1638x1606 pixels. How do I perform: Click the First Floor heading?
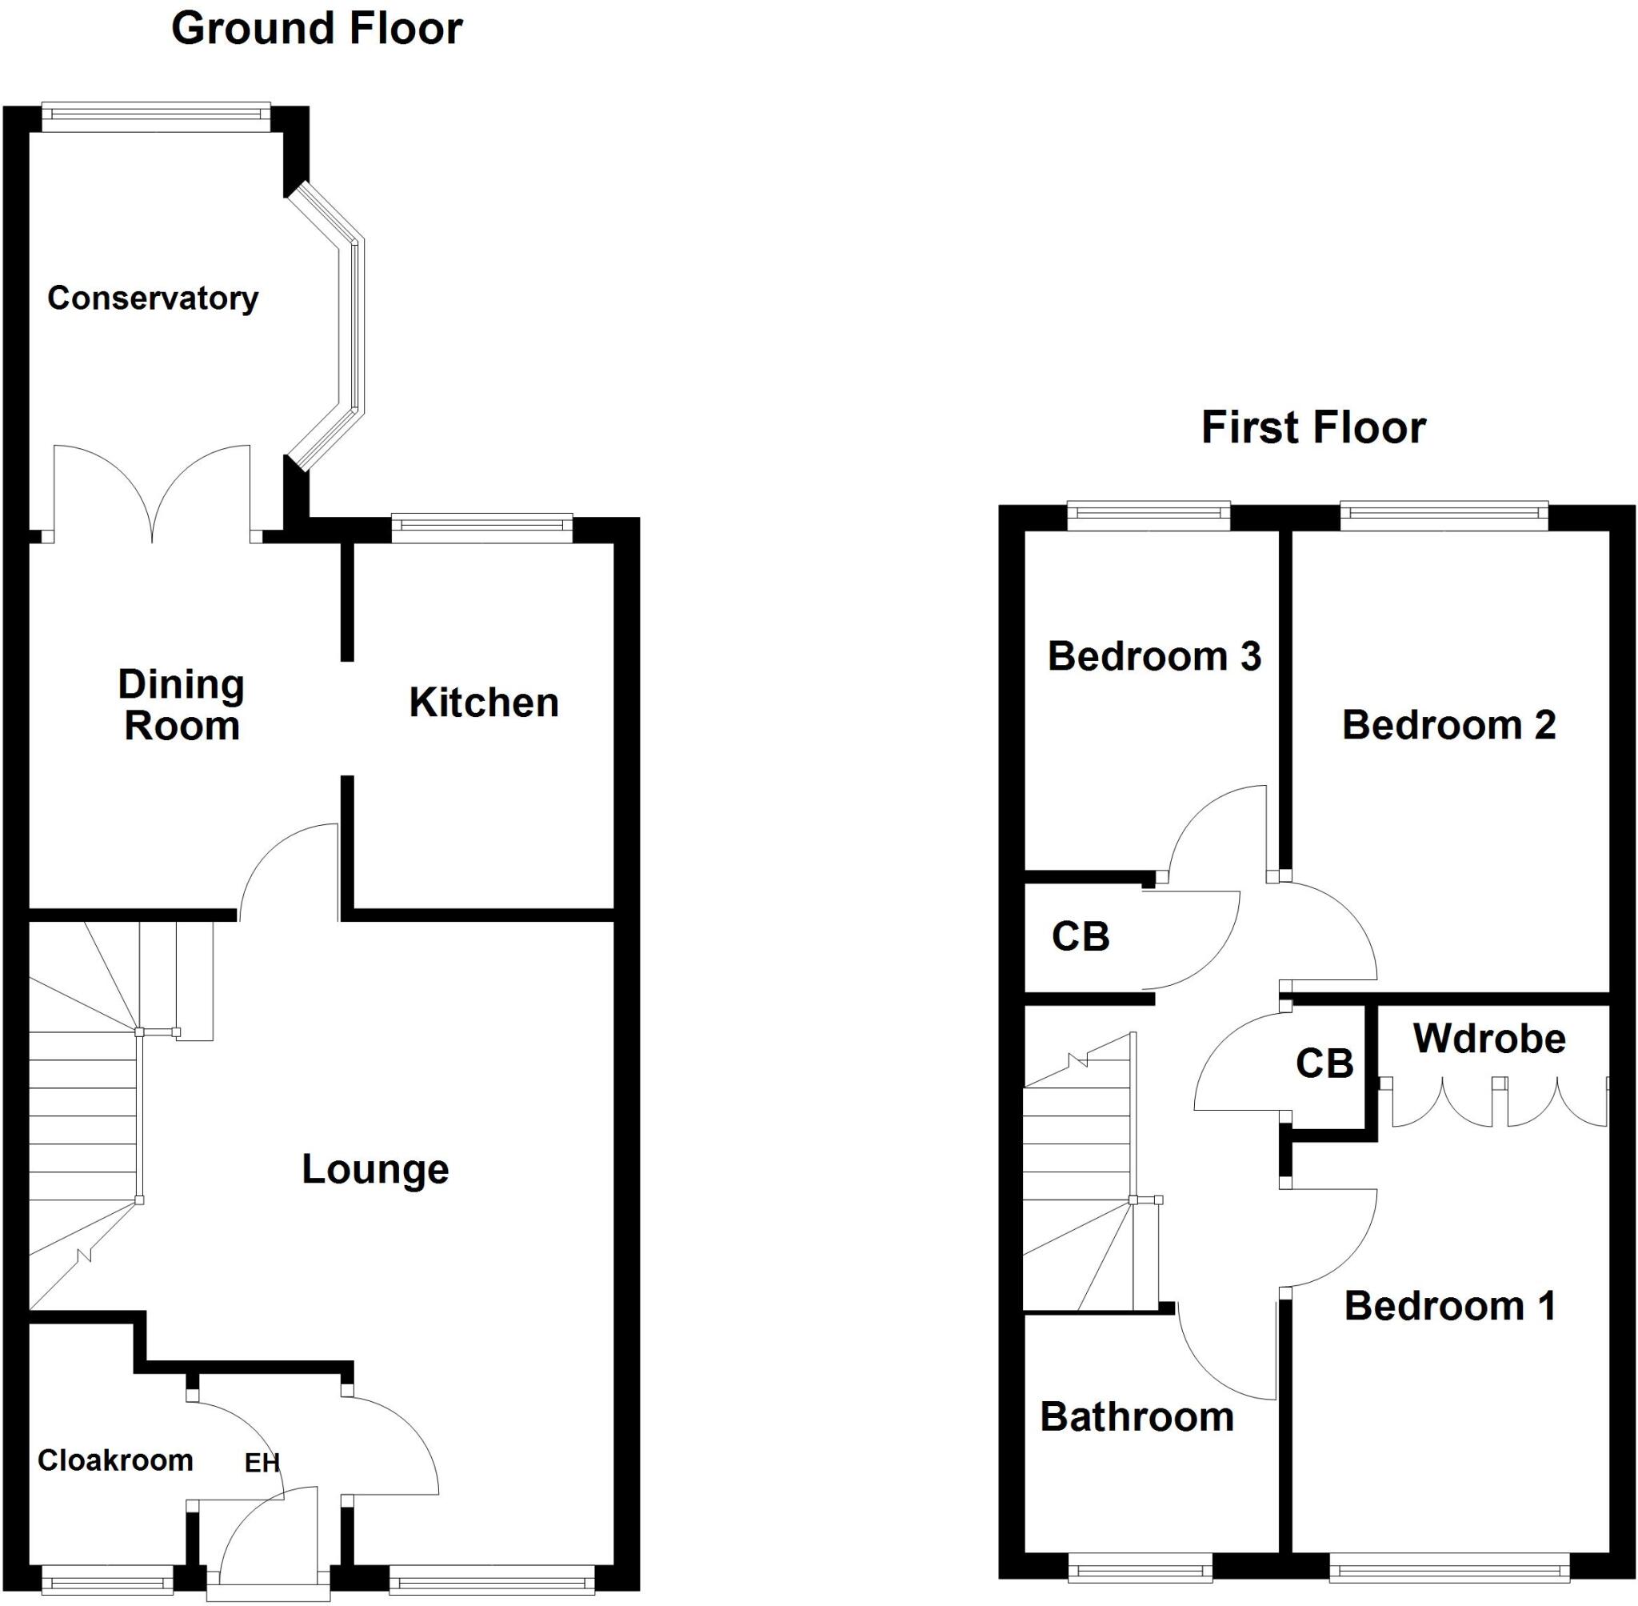1312,427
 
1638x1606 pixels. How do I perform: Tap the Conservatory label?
153,298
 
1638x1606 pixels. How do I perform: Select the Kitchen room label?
484,703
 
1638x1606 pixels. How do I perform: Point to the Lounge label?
375,1169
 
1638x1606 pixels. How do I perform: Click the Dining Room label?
182,705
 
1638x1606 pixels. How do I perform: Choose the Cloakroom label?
115,1460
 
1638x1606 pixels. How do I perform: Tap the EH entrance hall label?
262,1463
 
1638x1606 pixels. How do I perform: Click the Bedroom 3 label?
1153,656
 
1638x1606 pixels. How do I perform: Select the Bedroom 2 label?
1448,726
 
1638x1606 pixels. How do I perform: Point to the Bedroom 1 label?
1449,1307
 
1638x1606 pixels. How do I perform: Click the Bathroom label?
1137,1417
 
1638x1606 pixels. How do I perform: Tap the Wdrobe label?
1488,1039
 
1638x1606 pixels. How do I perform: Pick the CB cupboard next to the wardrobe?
1324,1063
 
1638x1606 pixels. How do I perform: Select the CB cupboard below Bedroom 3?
1080,936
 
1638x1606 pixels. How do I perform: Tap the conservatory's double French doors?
153,498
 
